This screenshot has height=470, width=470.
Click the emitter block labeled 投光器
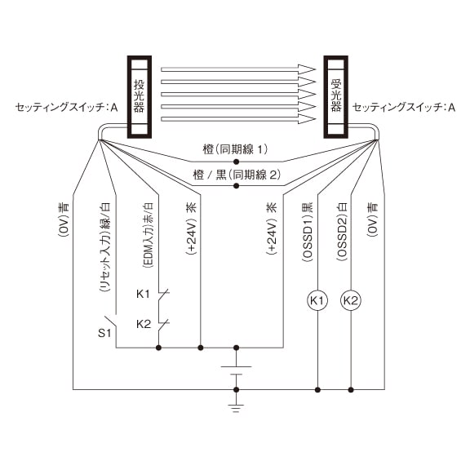coord(139,97)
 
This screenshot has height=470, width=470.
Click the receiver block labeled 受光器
coord(335,97)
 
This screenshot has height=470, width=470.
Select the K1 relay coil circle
coord(317,300)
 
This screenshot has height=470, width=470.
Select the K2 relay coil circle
coord(351,300)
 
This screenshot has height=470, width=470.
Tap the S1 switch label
coord(104,333)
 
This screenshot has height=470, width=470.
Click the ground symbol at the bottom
coord(236,408)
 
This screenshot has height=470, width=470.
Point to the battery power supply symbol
coord(236,370)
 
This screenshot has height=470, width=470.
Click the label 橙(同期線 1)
coord(235,149)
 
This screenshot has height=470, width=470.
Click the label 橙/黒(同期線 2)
coord(237,175)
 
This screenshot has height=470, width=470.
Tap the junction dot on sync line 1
coord(236,162)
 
